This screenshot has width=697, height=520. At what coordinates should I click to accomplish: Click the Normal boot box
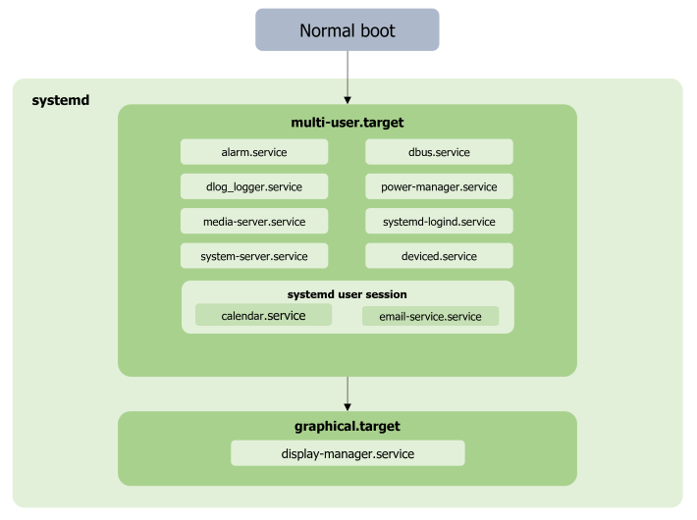[x=347, y=30]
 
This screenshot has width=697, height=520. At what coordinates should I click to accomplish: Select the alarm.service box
[x=254, y=152]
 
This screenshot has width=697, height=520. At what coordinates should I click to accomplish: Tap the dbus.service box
[x=439, y=152]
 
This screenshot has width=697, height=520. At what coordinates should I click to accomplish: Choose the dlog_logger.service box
[x=254, y=186]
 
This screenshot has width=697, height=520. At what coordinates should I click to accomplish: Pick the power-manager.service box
[x=439, y=186]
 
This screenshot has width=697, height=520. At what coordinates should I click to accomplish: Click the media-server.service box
[x=254, y=221]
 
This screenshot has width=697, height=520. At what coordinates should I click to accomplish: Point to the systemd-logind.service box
[x=439, y=221]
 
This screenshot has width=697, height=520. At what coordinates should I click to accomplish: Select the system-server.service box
[x=254, y=256]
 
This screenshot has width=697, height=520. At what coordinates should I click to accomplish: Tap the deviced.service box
[x=439, y=256]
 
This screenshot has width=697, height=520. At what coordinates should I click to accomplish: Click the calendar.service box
[x=263, y=315]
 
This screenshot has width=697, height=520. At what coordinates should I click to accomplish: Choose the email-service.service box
[x=430, y=316]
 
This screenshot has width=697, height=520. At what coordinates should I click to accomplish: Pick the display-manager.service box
[x=348, y=453]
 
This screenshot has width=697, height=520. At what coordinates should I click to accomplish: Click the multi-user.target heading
[x=348, y=123]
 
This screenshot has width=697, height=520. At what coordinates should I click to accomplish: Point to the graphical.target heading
[x=348, y=427]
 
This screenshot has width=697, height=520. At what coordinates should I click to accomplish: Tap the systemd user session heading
[x=347, y=294]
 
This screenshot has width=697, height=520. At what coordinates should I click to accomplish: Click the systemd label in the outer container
[x=61, y=99]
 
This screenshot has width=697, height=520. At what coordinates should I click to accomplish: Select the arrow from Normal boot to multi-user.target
[x=348, y=77]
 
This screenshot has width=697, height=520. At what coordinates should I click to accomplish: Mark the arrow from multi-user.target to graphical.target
[x=348, y=393]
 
